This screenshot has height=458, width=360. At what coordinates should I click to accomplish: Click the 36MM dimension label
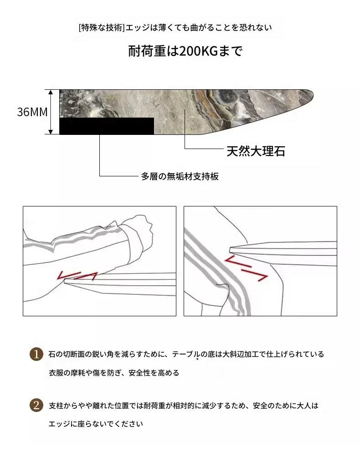(32, 112)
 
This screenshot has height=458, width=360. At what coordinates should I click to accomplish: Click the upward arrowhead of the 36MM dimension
(51, 92)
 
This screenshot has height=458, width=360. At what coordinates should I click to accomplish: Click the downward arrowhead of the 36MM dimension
(51, 132)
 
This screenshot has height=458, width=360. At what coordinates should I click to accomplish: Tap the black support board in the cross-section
(107, 126)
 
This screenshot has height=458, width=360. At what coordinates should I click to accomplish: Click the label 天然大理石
(256, 151)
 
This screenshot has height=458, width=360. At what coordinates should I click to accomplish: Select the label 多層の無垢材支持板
(180, 176)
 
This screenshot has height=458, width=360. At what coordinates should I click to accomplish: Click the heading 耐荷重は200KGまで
(185, 51)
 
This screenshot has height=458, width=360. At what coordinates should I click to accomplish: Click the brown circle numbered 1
(36, 354)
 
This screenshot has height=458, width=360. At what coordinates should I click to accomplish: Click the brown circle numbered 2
(36, 406)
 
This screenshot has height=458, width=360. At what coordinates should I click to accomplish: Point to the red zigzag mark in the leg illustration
(246, 268)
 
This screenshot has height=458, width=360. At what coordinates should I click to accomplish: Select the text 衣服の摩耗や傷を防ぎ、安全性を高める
(114, 373)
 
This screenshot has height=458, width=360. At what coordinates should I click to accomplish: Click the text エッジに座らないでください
(96, 424)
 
